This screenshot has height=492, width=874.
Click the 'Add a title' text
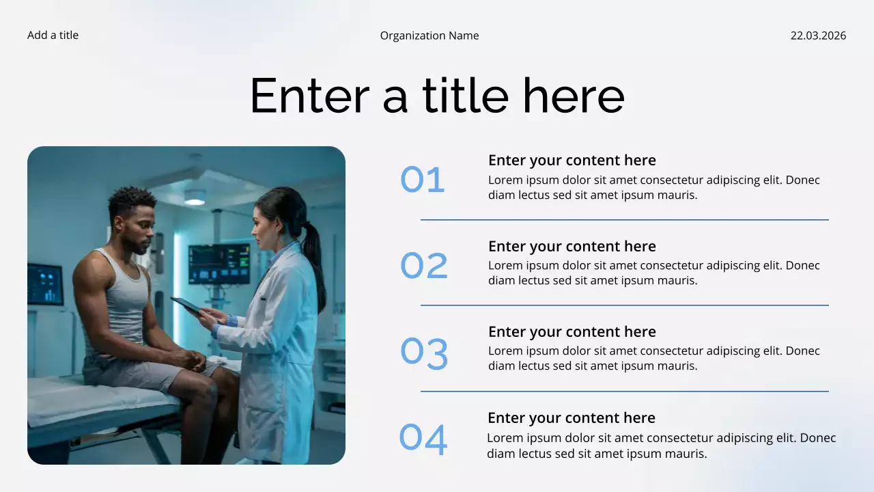[53, 36]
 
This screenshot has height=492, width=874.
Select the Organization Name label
[429, 36]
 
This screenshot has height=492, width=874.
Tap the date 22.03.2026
[818, 36]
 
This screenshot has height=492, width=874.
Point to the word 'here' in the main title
[574, 96]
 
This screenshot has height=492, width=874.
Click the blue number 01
[423, 180]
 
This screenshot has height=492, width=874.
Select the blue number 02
[424, 266]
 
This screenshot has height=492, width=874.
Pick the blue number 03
[424, 353]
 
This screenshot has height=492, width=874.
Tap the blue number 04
[423, 439]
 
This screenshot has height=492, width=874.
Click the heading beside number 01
[572, 161]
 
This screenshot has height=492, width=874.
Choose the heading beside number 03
[572, 332]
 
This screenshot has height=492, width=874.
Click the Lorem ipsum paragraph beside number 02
[653, 273]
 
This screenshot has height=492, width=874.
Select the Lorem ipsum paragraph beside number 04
[661, 446]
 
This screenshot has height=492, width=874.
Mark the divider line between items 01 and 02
[624, 220]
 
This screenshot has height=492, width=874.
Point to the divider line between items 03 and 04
[624, 392]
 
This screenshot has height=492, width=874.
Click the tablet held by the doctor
[186, 305]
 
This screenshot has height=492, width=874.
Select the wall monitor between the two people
[219, 263]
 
